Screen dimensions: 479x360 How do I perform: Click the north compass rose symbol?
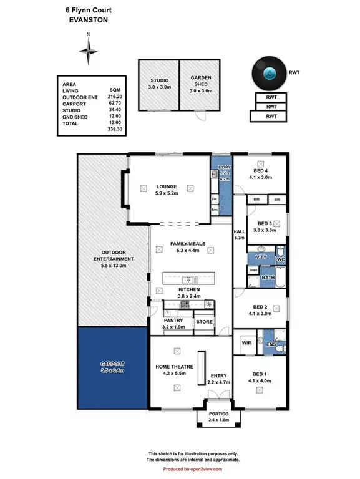point(89,47)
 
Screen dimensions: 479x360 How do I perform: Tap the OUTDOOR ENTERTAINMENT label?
point(113,258)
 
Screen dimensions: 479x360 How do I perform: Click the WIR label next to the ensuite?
point(246,343)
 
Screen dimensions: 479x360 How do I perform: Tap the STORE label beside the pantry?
point(205,322)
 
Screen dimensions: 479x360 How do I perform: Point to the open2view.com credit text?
point(203,468)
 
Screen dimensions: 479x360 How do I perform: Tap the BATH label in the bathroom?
point(268,277)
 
